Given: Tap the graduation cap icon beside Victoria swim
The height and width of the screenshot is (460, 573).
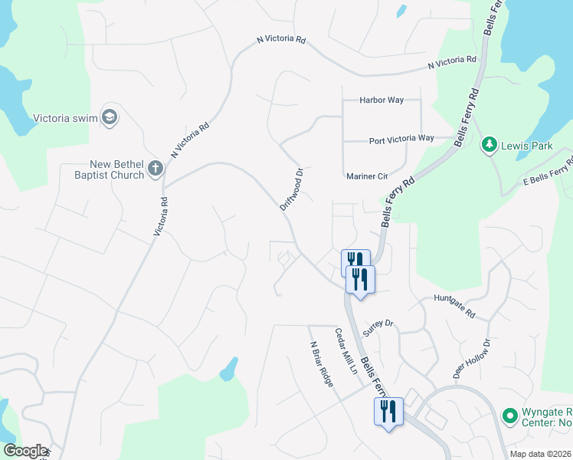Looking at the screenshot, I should (110, 117).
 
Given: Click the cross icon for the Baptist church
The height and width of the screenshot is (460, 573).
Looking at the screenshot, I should (156, 169).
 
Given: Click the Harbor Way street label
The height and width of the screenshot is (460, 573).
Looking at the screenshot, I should (381, 100).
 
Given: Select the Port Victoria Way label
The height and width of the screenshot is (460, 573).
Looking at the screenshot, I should (401, 139).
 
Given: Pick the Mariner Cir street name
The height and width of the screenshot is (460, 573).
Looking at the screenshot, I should (367, 176).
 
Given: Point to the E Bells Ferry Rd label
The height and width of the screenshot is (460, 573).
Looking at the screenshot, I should (548, 172).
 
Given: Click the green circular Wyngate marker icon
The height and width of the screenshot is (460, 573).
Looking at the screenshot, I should (509, 416).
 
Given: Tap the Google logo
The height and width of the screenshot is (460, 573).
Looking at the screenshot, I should (25, 451).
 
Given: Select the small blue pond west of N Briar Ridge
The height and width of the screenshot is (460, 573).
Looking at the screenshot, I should (228, 370).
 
